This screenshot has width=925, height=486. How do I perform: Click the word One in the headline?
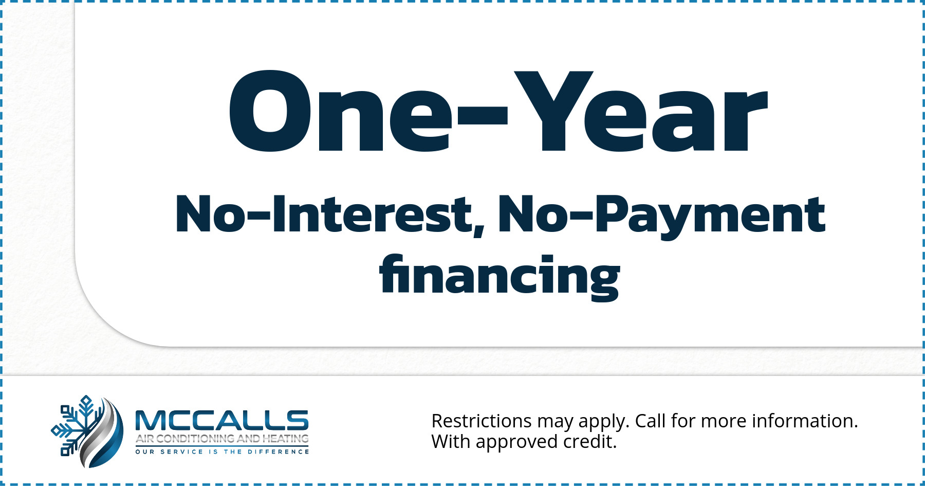pos(340,112)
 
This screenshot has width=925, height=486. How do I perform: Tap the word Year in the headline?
pos(641,112)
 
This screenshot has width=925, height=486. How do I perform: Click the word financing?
pos(499,277)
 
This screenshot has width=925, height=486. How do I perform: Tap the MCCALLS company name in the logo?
pos(221,421)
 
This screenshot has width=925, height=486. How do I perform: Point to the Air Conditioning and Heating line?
pos(222,439)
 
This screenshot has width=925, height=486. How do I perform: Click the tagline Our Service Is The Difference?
pos(222,452)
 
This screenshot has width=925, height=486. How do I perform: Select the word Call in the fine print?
pos(651,421)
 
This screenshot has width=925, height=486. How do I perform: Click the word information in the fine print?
pos(805,421)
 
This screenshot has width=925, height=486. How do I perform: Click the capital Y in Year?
pos(553,112)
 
